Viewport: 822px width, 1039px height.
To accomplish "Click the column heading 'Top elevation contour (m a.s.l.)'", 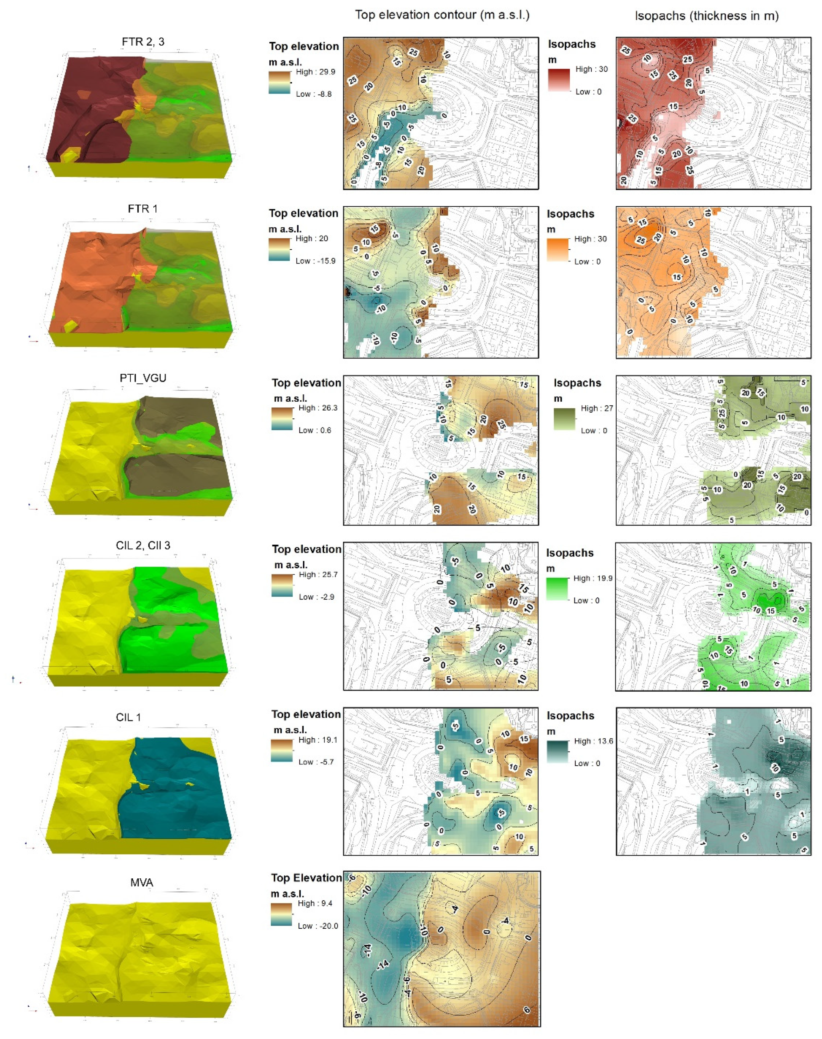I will pyautogui.click(x=442, y=15).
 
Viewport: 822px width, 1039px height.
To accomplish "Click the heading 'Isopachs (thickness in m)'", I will pyautogui.click(x=706, y=16).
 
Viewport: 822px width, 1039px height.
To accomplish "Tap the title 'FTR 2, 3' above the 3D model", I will pyautogui.click(x=143, y=42).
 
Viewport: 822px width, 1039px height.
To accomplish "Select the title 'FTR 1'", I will pyautogui.click(x=142, y=209).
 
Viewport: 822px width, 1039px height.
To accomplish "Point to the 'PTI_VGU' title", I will pyautogui.click(x=143, y=378).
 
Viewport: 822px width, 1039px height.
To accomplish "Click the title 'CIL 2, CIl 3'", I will pyautogui.click(x=143, y=545).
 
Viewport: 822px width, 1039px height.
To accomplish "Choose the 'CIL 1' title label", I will pyautogui.click(x=129, y=717).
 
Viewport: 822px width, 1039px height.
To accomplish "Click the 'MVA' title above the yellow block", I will pyautogui.click(x=142, y=882).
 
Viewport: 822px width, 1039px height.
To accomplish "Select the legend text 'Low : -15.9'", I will pyautogui.click(x=315, y=261).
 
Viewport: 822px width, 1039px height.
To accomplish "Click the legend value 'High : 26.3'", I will pyautogui.click(x=318, y=408).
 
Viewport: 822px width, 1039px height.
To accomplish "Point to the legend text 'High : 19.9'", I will pyautogui.click(x=592, y=578).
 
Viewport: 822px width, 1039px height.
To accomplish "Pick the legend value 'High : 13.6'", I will pyautogui.click(x=594, y=741).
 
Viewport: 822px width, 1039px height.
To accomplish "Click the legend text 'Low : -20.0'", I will pyautogui.click(x=318, y=926).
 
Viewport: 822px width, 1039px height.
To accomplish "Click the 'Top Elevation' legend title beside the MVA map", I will pyautogui.click(x=306, y=878).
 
